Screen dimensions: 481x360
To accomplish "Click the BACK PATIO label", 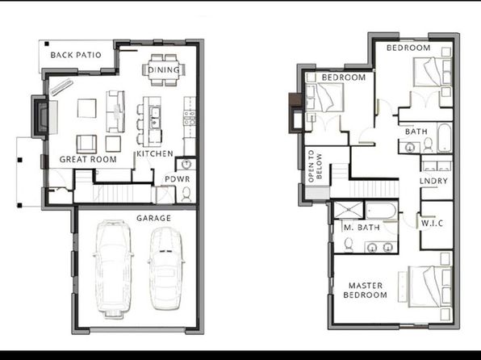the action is coord(76,55).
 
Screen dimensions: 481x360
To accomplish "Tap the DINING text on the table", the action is coord(164,70).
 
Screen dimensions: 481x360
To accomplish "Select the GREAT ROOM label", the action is coord(88,159).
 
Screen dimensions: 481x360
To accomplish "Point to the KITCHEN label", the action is coord(155,153).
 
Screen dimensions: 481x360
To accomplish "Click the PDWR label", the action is coord(178,179).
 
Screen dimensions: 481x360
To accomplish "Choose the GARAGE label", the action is coord(153,218).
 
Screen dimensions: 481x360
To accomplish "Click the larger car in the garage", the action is coord(113,269).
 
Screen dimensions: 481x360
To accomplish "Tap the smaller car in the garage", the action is coord(166,268).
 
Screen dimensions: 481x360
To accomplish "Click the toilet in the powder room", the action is coord(186,194).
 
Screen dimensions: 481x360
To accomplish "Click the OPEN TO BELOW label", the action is coord(315,165).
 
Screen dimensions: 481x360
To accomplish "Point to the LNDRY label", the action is coord(433,181).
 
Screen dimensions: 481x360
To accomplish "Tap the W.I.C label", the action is coord(433,223).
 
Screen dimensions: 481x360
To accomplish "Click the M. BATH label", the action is coord(362,228).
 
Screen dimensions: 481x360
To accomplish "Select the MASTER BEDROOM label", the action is coord(365,291).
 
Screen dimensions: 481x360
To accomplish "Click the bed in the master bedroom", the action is coord(430,287).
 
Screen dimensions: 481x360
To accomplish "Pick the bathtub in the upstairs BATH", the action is coord(445,138).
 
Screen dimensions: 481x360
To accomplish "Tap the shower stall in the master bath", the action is coord(349,210).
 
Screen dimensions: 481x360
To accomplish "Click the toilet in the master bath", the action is coord(348,245).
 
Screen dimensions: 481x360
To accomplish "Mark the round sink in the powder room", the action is coord(186,164).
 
